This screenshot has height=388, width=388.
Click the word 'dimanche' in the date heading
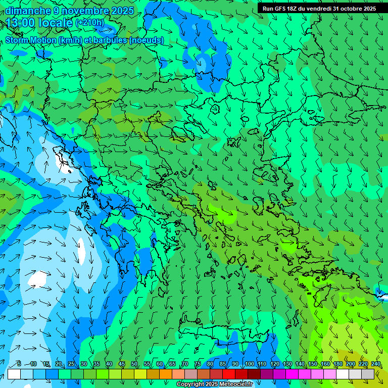click(28, 11)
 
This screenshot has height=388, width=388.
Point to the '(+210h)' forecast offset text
click(89, 23)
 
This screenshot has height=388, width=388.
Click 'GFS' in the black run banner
click(281, 9)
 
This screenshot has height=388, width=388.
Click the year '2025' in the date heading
click(122, 11)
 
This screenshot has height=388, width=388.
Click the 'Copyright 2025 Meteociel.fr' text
click(214, 384)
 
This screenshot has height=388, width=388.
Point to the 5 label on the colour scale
click(19, 364)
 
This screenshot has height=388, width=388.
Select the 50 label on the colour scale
click(134, 364)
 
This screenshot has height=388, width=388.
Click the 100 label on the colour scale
click(250, 364)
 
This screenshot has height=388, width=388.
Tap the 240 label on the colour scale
click(376, 364)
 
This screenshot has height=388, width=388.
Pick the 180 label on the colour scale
click(337, 364)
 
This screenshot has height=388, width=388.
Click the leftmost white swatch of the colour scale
click(14, 374)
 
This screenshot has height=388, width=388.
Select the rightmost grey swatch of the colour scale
click(368, 374)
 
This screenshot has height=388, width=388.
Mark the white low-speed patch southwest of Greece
click(38, 279)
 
